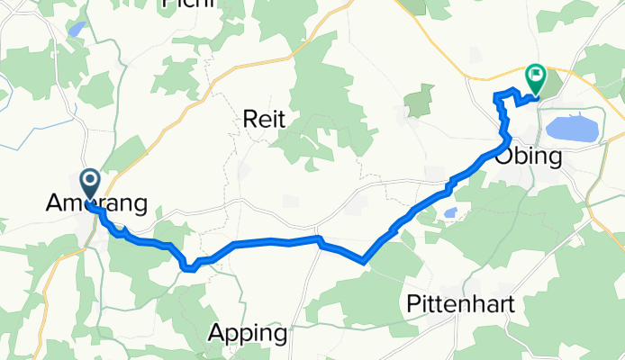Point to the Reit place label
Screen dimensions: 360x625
pyautogui.click(x=265, y=119)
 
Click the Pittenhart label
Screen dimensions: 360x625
pyautogui.click(x=460, y=303)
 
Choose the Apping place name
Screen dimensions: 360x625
pyautogui.click(x=248, y=333)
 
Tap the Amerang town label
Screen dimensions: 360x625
pyautogui.click(x=95, y=205)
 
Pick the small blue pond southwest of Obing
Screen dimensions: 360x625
pyautogui.click(x=450, y=212)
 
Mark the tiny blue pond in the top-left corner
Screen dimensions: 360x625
pyautogui.click(x=77, y=29)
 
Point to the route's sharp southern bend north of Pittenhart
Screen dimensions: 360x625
pyautogui.click(x=363, y=262)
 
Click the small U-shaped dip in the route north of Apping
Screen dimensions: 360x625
pyautogui.click(x=189, y=266)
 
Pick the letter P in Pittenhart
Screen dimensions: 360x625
pyautogui.click(x=412, y=303)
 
